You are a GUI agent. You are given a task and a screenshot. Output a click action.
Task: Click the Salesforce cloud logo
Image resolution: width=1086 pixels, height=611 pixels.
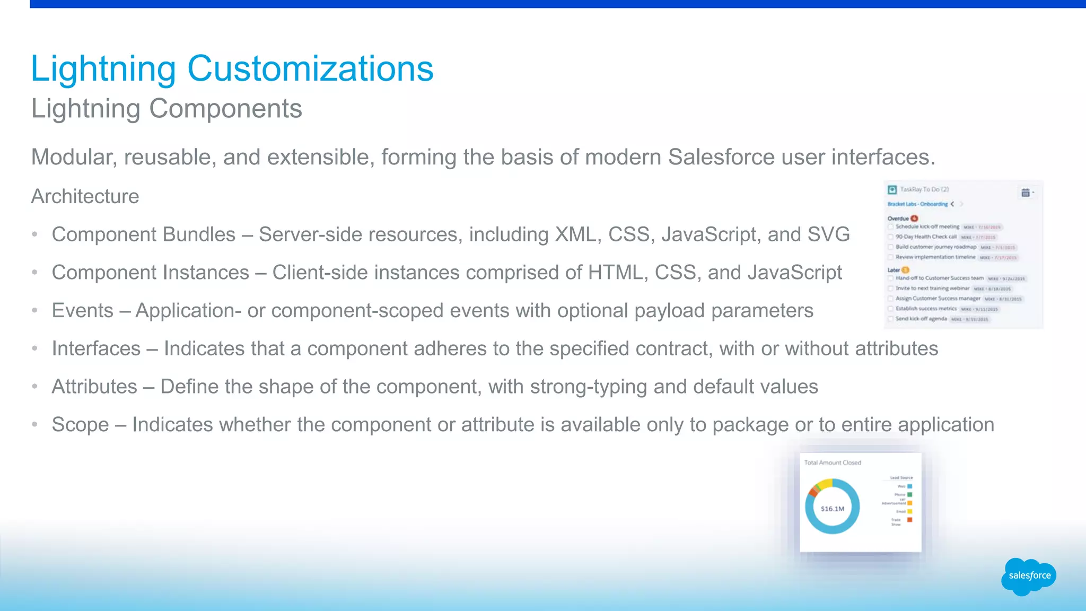click(1029, 576)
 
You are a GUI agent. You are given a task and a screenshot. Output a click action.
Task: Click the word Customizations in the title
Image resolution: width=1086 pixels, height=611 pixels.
click(310, 69)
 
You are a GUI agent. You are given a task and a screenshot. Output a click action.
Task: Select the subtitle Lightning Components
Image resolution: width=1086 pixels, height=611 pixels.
click(167, 109)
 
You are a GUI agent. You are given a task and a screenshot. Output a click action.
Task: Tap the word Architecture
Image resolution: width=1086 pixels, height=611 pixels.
click(85, 196)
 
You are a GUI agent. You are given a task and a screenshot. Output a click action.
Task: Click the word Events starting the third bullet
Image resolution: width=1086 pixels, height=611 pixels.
click(83, 311)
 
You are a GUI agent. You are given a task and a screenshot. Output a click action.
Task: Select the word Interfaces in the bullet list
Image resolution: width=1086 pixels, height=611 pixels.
click(96, 349)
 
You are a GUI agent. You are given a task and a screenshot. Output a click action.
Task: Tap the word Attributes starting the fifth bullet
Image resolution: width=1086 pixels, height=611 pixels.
click(94, 387)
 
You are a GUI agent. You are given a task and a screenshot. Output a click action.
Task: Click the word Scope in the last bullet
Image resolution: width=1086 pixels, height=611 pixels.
click(80, 425)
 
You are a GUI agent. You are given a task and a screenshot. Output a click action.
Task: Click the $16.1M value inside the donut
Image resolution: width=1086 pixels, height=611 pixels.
click(832, 509)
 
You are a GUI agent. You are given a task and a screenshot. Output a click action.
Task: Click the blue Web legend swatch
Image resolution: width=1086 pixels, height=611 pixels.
click(909, 486)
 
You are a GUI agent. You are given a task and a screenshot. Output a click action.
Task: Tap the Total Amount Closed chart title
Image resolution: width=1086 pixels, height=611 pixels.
click(833, 462)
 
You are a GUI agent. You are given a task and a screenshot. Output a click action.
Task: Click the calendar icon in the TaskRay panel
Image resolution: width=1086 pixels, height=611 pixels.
click(1026, 193)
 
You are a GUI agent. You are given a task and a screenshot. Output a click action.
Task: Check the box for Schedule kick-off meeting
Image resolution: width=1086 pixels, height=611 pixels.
click(891, 227)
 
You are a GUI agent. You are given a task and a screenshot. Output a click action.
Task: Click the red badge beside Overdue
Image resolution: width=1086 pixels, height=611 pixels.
click(915, 219)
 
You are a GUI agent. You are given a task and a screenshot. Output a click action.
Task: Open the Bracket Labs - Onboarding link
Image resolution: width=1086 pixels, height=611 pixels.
click(917, 204)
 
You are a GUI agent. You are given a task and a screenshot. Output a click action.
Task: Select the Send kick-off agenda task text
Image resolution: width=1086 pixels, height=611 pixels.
click(921, 319)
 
